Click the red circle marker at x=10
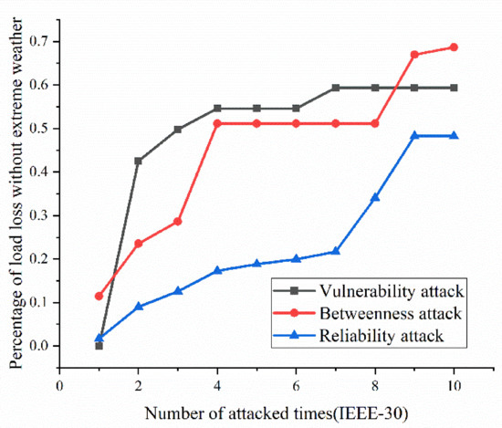[x=454, y=47]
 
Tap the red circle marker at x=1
[x=99, y=296]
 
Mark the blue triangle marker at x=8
[x=375, y=197]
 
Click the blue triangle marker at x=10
[x=454, y=135]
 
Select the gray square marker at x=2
[x=139, y=161]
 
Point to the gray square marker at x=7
[x=336, y=88]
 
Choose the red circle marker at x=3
[x=178, y=221]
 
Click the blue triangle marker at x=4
[x=217, y=270]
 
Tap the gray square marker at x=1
[x=99, y=346]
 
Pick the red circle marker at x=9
[x=414, y=55]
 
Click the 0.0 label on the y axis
[x=39, y=346]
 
